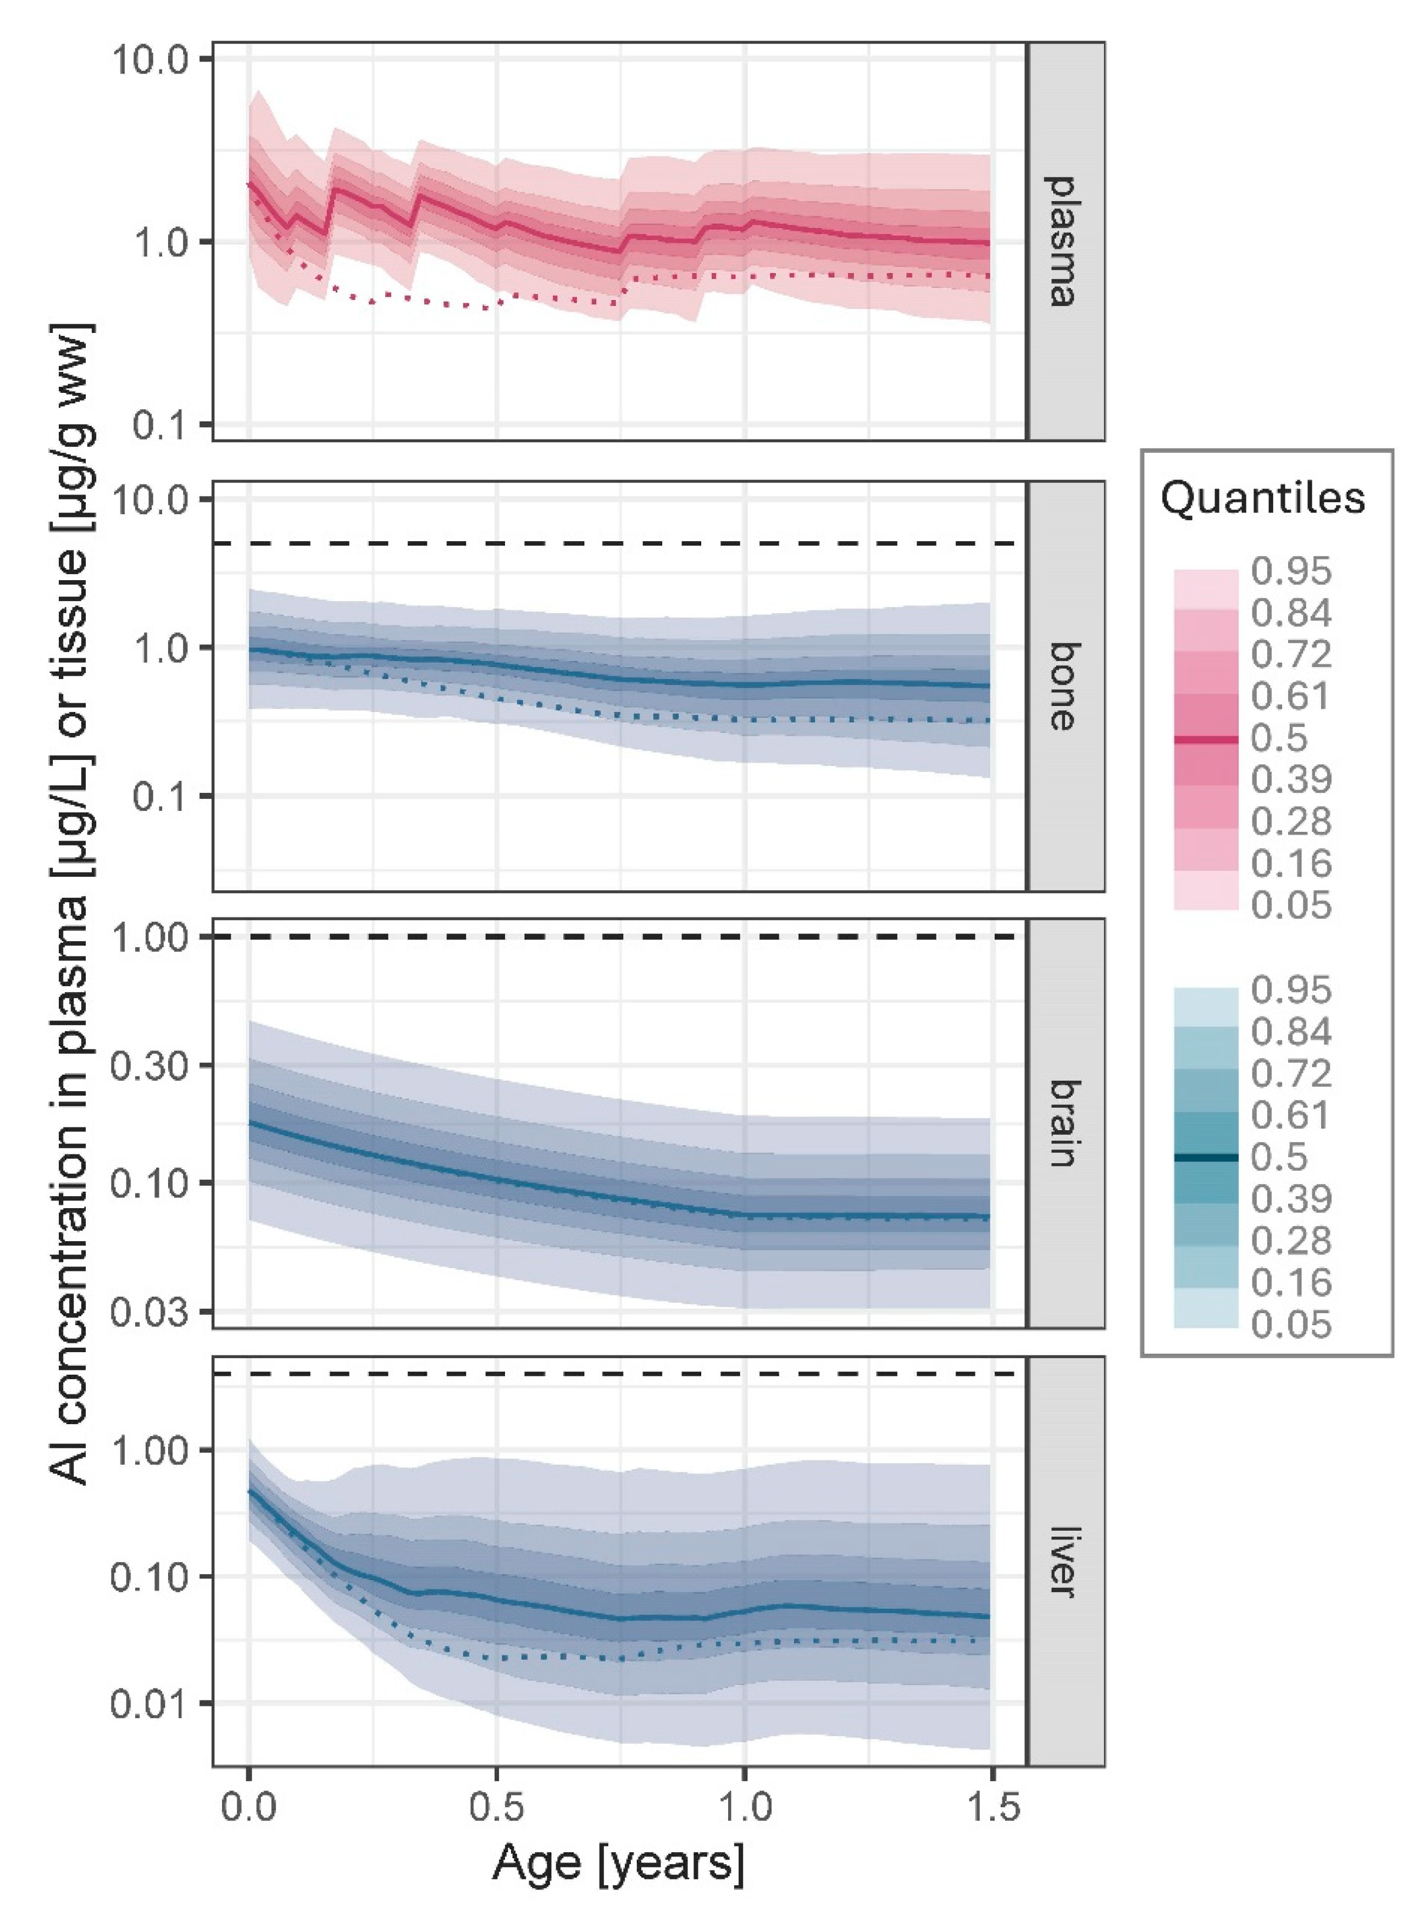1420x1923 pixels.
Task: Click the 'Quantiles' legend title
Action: [1263, 498]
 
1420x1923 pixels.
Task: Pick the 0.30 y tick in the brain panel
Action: [151, 1065]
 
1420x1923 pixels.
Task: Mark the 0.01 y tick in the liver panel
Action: [151, 1702]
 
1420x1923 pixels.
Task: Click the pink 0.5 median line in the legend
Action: [1206, 739]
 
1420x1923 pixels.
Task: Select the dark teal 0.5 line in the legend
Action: [1206, 1158]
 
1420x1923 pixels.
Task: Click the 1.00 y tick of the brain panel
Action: [151, 937]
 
